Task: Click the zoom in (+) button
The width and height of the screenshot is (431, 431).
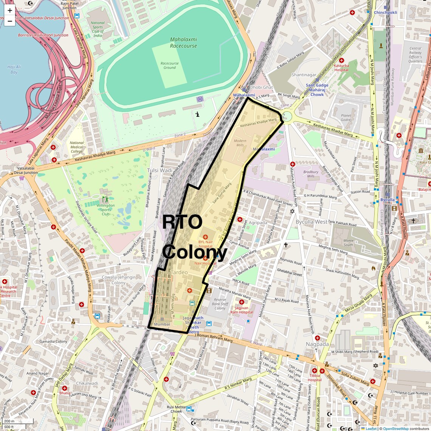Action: pyautogui.click(x=10, y=10)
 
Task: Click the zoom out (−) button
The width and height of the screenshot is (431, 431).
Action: pyautogui.click(x=10, y=21)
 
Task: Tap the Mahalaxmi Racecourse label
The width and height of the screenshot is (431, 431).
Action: pyautogui.click(x=183, y=42)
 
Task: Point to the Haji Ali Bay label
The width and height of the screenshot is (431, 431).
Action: pyautogui.click(x=14, y=70)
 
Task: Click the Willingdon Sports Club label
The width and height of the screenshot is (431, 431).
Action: pyautogui.click(x=105, y=210)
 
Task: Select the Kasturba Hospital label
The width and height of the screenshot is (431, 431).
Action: pyautogui.click(x=341, y=68)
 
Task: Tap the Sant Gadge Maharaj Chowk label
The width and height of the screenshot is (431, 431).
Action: pyautogui.click(x=317, y=90)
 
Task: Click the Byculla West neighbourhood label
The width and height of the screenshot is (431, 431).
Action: pyautogui.click(x=311, y=222)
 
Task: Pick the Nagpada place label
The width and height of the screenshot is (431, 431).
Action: pyautogui.click(x=317, y=344)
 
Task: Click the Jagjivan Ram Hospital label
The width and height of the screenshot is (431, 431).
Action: pyautogui.click(x=242, y=310)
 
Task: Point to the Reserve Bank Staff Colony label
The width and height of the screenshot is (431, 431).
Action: pyautogui.click(x=220, y=304)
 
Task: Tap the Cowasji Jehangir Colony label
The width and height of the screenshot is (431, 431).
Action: pyautogui.click(x=118, y=280)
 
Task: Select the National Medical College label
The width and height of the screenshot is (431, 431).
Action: pyautogui.click(x=76, y=147)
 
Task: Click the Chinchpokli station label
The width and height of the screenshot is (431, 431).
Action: pyautogui.click(x=385, y=12)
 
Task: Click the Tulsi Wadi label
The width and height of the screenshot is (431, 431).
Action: pyautogui.click(x=160, y=171)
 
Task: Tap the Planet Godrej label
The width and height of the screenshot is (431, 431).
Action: pyautogui.click(x=346, y=118)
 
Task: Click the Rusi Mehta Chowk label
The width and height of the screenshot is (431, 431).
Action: pyautogui.click(x=176, y=409)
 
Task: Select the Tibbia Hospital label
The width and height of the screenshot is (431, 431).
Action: pyautogui.click(x=315, y=378)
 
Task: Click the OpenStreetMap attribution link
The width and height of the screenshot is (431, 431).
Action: pyautogui.click(x=395, y=428)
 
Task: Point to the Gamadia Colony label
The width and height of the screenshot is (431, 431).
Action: pyautogui.click(x=53, y=341)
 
